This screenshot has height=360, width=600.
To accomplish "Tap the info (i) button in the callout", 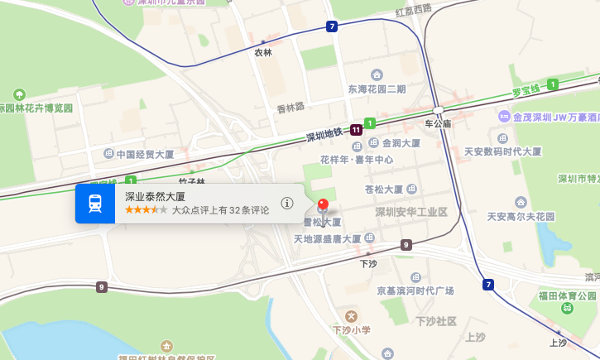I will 287,203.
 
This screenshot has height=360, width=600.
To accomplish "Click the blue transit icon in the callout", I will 95,204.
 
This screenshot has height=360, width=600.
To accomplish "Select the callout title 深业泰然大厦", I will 155,197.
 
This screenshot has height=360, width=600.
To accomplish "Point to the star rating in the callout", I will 146,210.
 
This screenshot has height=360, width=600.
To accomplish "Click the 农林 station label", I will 263,52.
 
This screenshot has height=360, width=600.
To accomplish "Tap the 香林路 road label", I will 290,107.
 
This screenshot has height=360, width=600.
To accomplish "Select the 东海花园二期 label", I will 377,89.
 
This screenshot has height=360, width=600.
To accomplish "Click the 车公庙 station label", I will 438,123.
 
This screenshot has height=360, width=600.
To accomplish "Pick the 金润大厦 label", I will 401,142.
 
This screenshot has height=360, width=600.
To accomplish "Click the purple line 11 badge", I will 356,130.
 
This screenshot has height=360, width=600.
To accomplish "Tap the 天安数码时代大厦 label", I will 502,152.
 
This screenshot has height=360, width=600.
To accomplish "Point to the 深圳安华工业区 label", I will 410,212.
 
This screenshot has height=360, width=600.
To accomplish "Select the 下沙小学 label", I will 351,330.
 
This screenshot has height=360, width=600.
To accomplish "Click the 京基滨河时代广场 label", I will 415,290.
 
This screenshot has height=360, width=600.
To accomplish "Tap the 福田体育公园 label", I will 566,296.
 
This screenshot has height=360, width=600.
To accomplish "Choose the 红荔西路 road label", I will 414,10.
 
